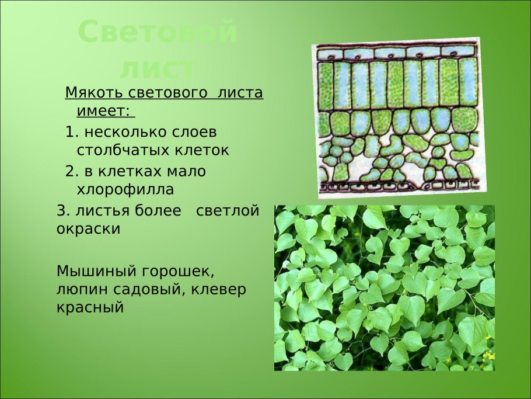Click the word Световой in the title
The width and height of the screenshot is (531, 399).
[x=158, y=32]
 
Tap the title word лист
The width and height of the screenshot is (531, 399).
[x=158, y=69]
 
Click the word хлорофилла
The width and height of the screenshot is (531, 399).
[x=125, y=189]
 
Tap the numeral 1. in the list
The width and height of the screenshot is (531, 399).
[x=72, y=132]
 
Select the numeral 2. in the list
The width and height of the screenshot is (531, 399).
[x=72, y=171]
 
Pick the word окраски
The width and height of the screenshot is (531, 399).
[x=88, y=230]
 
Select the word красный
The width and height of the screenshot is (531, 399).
[x=90, y=308]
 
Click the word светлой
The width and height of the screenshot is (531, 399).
[x=228, y=211]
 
